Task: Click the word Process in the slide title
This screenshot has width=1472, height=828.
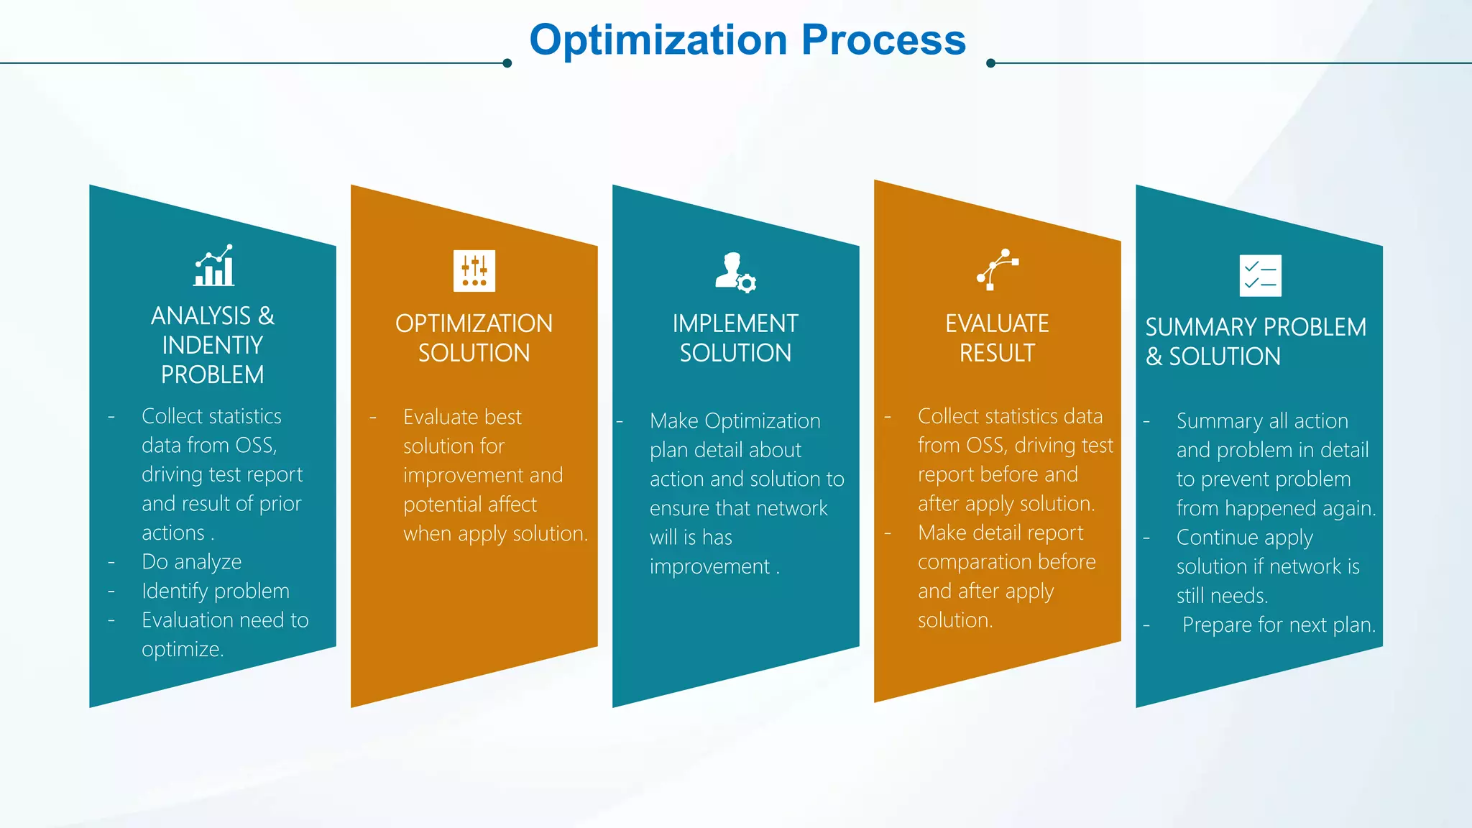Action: tap(883, 40)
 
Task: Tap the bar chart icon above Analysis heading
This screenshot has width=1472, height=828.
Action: tap(214, 266)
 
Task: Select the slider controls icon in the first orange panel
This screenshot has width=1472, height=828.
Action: tap(474, 271)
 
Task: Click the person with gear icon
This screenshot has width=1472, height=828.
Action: tap(735, 272)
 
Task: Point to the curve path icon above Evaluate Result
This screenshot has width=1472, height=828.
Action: tap(998, 270)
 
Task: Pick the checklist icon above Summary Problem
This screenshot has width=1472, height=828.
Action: tap(1260, 275)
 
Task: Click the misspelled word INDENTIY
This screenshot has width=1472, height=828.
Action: tap(213, 346)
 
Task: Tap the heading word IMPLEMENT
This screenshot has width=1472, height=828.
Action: tap(735, 324)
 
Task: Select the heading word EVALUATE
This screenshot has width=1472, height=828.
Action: tap(997, 324)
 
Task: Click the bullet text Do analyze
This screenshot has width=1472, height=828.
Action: tap(191, 562)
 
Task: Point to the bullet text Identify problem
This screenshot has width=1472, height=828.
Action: tap(215, 592)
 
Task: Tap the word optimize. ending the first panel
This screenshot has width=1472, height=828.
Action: tap(183, 650)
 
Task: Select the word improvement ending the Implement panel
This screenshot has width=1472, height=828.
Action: tap(710, 567)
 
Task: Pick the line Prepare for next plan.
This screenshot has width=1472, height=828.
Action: tap(1279, 625)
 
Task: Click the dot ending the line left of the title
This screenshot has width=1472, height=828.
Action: tap(507, 63)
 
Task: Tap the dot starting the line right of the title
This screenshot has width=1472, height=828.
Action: tap(990, 63)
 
